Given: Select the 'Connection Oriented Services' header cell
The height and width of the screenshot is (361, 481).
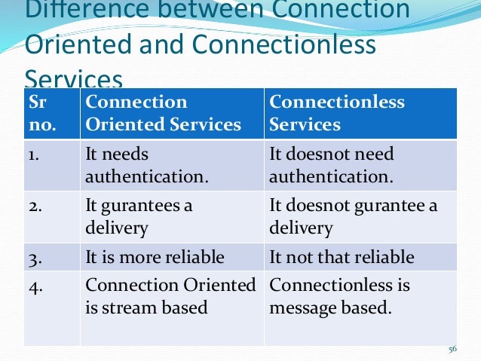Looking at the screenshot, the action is point(163,113).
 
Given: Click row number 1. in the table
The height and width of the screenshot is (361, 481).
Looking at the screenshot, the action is point(36,154).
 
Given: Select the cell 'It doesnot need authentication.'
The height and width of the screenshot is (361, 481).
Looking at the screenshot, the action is point(332,166).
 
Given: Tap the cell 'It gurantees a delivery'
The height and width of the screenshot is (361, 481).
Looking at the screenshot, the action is point(139,217).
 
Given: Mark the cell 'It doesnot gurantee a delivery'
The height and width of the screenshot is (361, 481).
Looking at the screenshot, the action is point(353,217).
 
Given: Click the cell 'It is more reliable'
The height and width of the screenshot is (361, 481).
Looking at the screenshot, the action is point(155,257).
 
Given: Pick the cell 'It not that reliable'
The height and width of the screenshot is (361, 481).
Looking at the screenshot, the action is point(342,257).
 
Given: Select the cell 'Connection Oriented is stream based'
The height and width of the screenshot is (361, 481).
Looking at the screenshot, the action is point(170,295).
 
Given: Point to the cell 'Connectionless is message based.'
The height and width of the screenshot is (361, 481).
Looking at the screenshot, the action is point(339,295).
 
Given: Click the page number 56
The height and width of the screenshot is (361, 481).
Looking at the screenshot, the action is point(452,349).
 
